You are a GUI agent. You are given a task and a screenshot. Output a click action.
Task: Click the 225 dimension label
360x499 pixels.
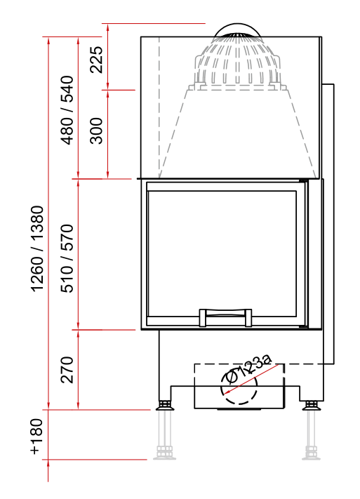click(x=96, y=60)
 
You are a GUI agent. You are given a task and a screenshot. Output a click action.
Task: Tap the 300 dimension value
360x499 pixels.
click(x=96, y=131)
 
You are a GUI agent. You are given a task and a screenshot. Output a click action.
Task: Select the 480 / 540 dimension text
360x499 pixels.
click(x=67, y=110)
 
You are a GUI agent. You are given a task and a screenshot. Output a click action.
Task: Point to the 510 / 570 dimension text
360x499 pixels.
click(x=67, y=258)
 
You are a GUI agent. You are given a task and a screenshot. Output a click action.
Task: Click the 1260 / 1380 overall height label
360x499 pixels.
click(x=37, y=248)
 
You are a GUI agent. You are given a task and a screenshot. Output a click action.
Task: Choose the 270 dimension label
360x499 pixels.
click(x=67, y=369)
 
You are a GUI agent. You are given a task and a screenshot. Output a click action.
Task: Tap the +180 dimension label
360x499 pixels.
click(x=36, y=437)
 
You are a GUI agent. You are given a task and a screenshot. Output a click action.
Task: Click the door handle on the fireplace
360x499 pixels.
click(x=225, y=317)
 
